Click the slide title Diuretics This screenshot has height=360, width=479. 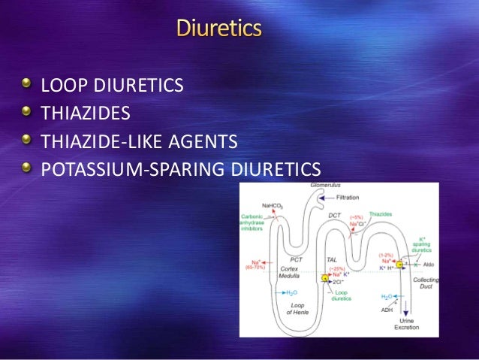pos(219,30)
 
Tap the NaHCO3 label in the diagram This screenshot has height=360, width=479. pos(273,205)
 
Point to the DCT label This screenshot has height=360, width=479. pos(334,216)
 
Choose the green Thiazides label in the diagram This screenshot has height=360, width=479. pos(381,214)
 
